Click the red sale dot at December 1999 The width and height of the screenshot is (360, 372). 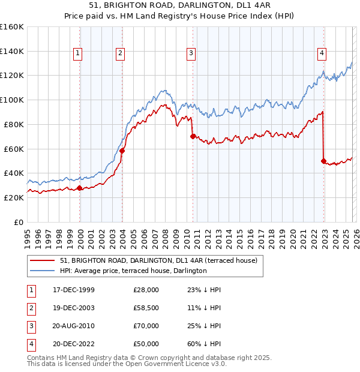pyautogui.click(x=80, y=188)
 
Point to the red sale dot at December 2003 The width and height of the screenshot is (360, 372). pyautogui.click(x=122, y=151)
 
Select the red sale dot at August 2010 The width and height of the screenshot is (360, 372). pyautogui.click(x=193, y=136)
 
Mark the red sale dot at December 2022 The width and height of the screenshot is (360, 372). pyautogui.click(x=323, y=161)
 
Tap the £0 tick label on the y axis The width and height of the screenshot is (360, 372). pyautogui.click(x=19, y=222)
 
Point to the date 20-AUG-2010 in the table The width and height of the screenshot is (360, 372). pyautogui.click(x=73, y=327)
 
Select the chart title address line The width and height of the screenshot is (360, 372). pyautogui.click(x=179, y=7)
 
